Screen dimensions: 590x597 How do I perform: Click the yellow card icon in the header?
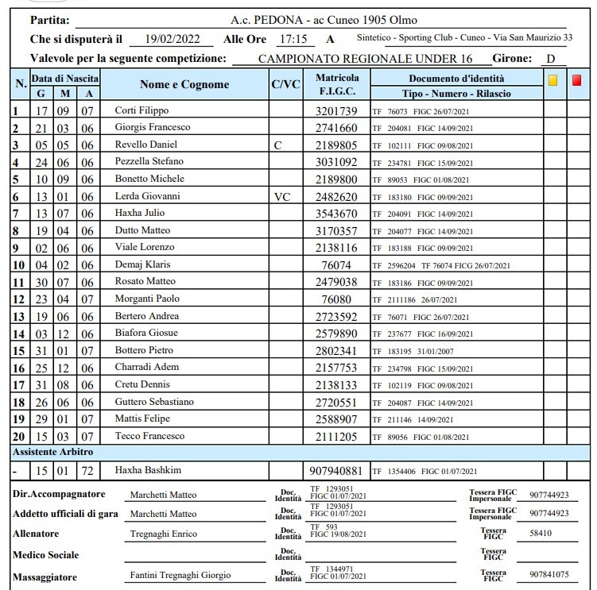(x=553, y=80)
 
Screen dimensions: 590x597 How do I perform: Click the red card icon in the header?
(x=576, y=80)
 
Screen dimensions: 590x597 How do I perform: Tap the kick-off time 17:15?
(x=298, y=38)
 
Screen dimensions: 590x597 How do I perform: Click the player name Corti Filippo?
(x=142, y=110)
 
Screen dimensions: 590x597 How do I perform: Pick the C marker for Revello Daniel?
(x=277, y=145)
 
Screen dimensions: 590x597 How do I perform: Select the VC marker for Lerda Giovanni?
(x=281, y=196)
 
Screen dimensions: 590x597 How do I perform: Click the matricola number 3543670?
(x=337, y=213)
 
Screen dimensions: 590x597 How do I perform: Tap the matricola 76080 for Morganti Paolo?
(x=337, y=299)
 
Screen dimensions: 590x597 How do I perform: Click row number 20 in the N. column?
(x=17, y=436)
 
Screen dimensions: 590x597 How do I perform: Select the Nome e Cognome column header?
(x=184, y=84)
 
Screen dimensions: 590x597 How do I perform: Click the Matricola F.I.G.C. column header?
(x=337, y=85)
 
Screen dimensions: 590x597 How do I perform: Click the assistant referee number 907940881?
(x=337, y=470)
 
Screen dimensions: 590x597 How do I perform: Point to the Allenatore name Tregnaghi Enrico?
(x=164, y=534)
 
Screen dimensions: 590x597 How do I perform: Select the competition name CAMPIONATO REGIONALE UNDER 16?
(x=365, y=59)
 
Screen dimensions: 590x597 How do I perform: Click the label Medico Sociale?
(x=45, y=554)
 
